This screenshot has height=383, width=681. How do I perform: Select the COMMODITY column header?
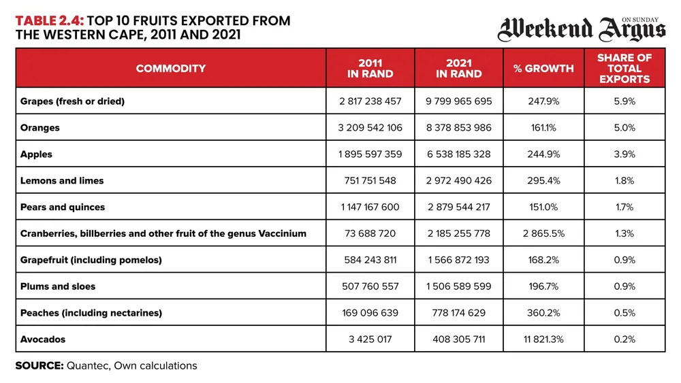click(171, 68)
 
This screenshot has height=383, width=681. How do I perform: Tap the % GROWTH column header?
click(543, 68)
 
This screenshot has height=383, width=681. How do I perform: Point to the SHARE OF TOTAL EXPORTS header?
click(624, 68)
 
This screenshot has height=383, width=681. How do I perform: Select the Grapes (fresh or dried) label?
click(73, 101)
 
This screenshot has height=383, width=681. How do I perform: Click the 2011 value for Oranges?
click(370, 128)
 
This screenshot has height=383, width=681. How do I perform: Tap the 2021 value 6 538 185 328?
click(458, 154)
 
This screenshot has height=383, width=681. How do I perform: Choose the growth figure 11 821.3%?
click(543, 339)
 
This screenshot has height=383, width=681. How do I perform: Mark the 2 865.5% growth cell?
click(543, 233)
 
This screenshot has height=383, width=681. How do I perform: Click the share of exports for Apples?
click(624, 154)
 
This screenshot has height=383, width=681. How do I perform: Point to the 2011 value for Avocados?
click(370, 339)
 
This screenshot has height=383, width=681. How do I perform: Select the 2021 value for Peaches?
click(458, 313)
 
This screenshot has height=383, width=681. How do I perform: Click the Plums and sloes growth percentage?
click(543, 286)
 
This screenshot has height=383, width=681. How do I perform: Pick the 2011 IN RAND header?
click(370, 68)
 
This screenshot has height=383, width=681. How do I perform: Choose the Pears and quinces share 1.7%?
click(624, 207)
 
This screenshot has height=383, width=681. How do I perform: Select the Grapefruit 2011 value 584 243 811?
click(370, 260)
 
